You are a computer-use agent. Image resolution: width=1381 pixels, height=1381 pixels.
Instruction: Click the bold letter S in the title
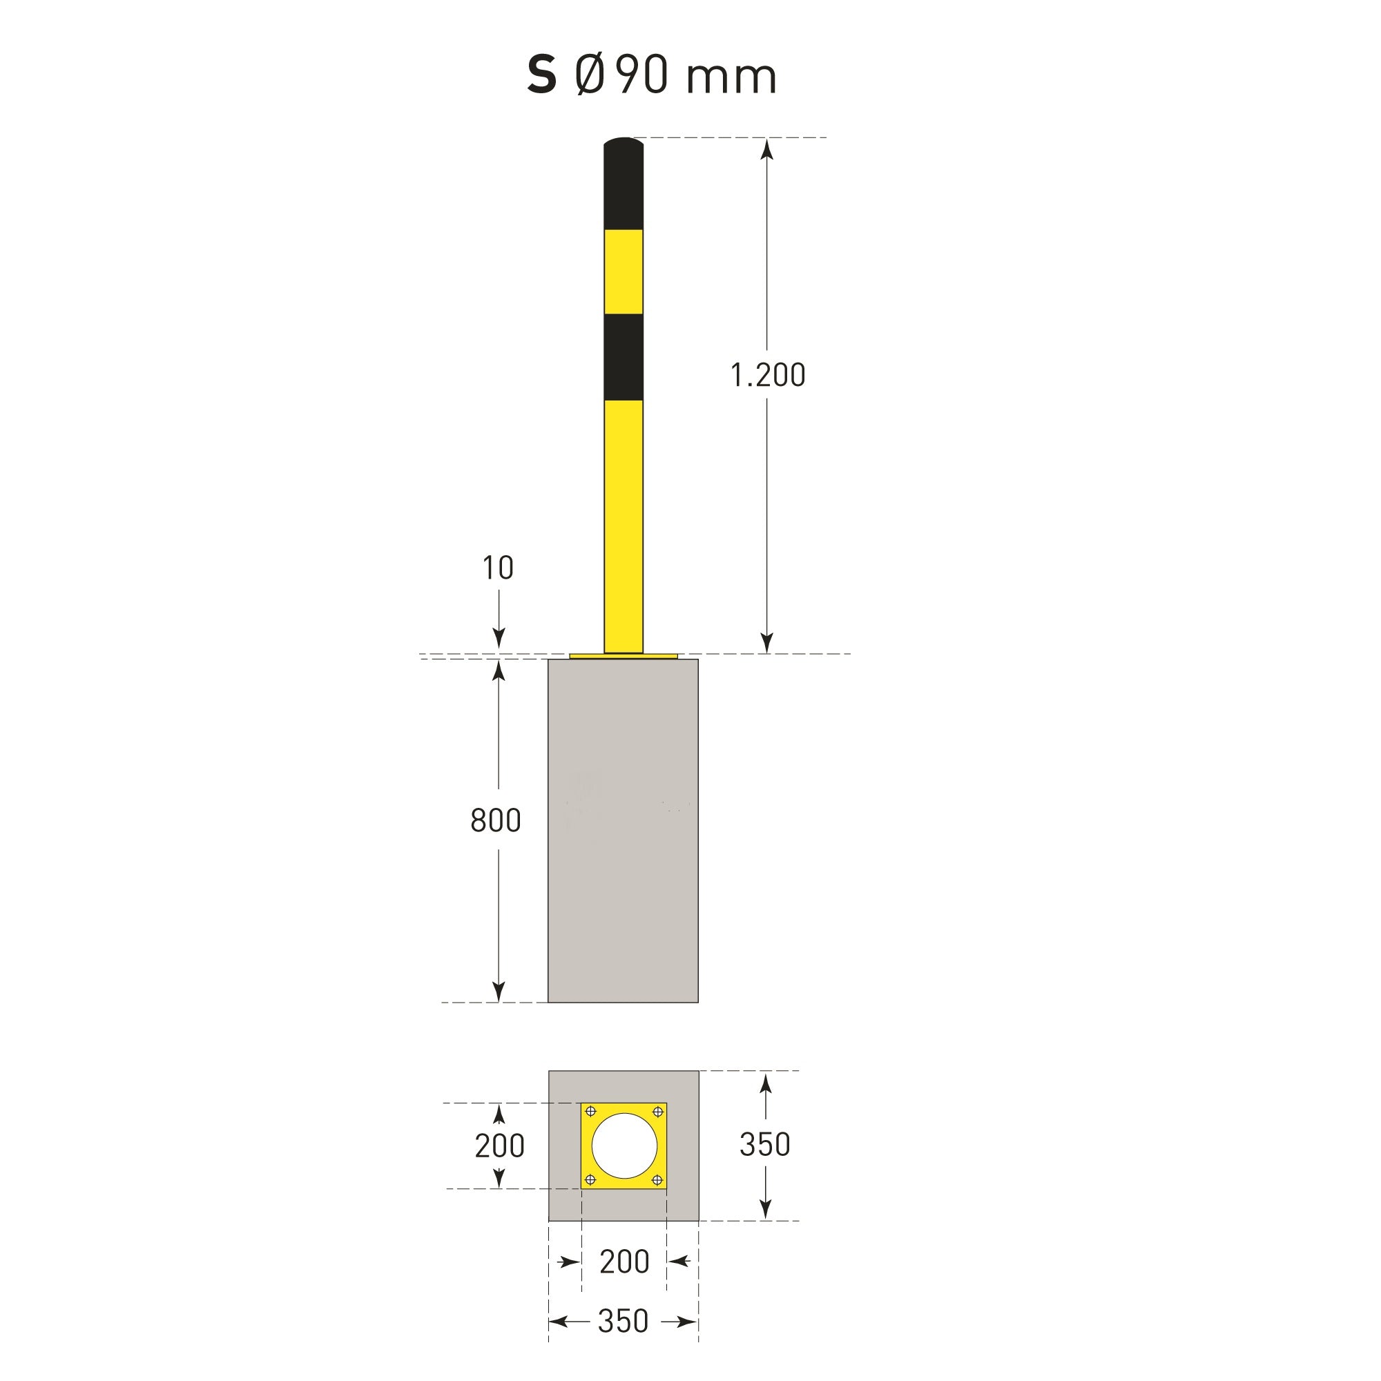pos(542,75)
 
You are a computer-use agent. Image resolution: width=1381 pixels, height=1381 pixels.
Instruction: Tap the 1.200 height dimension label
pos(768,375)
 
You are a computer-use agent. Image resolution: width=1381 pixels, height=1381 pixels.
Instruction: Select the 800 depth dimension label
pos(495,820)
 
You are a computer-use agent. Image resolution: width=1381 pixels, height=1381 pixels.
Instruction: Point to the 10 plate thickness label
pos(499,568)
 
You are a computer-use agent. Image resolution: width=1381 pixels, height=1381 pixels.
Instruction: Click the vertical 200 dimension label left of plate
pos(500,1146)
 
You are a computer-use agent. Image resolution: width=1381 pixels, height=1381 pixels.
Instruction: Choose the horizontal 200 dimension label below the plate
pos(624,1262)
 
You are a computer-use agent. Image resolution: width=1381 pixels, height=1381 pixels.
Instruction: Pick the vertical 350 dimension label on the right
pos(765,1145)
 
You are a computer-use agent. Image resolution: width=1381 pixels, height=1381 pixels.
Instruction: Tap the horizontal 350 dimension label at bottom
pos(624,1322)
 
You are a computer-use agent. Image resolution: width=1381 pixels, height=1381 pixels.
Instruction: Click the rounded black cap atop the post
pos(624,184)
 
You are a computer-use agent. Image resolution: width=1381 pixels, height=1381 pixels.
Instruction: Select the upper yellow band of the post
pos(624,272)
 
